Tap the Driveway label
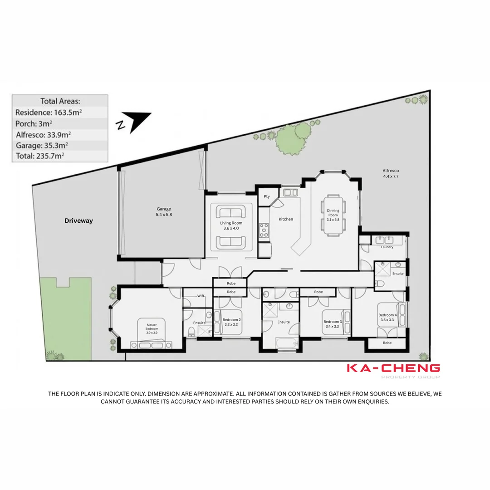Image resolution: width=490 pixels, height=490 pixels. pos(78,220)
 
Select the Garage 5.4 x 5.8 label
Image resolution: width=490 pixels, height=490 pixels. pos(164,211)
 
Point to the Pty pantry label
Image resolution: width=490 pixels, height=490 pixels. pos(267,196)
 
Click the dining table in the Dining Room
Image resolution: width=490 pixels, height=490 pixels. pos(333,215)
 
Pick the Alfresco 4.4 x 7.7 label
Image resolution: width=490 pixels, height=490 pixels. pos(391,173)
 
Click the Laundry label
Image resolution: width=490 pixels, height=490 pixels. pos(387,247)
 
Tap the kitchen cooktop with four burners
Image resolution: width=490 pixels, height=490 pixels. pos(264,230)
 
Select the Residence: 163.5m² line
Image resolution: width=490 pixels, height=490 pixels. pos(49,112)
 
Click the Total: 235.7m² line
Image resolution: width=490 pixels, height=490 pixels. pos(39,156)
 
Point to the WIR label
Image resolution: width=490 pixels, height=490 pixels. pos(201,296)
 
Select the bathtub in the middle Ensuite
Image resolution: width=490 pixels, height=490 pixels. pos(287,343)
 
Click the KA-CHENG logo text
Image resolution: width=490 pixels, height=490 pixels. pos(393,368)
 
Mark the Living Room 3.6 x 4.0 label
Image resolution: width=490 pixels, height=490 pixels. pos(231,225)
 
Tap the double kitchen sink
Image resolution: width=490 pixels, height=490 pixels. pos(290,192)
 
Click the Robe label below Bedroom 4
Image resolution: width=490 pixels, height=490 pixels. pos(387,343)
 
